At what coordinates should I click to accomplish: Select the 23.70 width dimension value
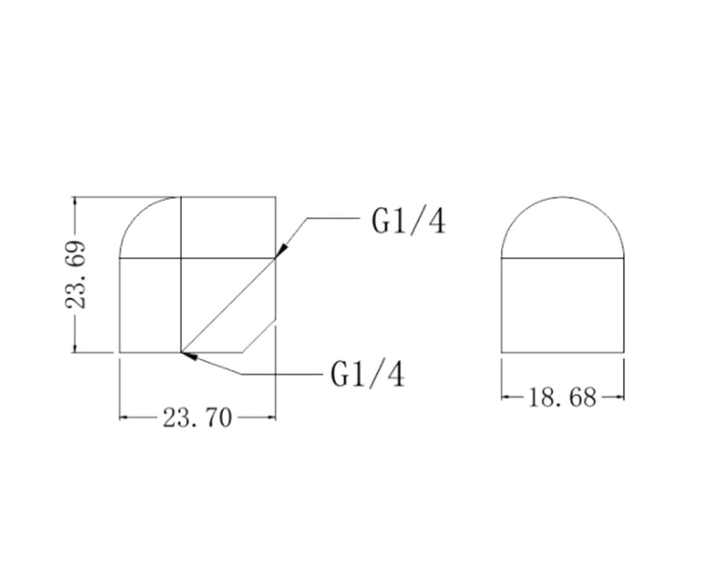[197, 419]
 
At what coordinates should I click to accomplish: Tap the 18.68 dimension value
[563, 397]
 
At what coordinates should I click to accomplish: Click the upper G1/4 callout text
[409, 221]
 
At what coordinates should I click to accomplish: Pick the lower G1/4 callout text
[368, 375]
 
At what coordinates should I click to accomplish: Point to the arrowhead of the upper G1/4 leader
[280, 251]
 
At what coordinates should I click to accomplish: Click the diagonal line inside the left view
[228, 305]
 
